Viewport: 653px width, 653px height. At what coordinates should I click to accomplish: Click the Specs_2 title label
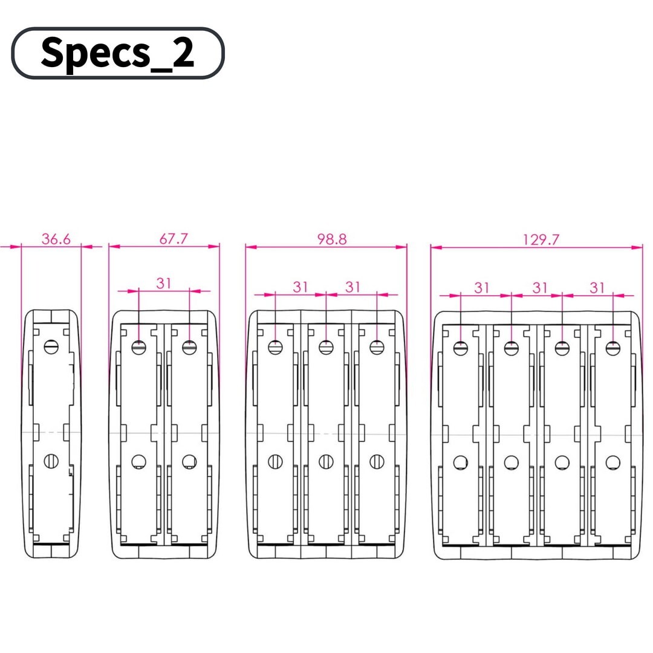(x=117, y=53)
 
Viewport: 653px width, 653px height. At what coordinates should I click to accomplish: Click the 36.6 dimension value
(x=56, y=239)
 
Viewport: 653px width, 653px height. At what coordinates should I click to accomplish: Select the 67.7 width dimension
(x=174, y=239)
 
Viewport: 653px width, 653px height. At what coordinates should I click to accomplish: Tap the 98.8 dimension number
(x=332, y=239)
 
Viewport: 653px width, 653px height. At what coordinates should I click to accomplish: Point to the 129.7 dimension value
(x=541, y=239)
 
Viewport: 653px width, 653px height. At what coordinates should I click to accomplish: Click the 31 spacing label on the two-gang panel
(x=164, y=284)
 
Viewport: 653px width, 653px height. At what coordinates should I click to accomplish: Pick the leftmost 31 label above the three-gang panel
(x=301, y=287)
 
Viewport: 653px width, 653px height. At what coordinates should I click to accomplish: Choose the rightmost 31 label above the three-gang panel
(x=352, y=287)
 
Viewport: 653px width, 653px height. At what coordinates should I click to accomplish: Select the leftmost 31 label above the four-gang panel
(x=482, y=288)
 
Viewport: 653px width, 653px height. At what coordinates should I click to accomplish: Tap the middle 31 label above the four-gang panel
(x=540, y=288)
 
